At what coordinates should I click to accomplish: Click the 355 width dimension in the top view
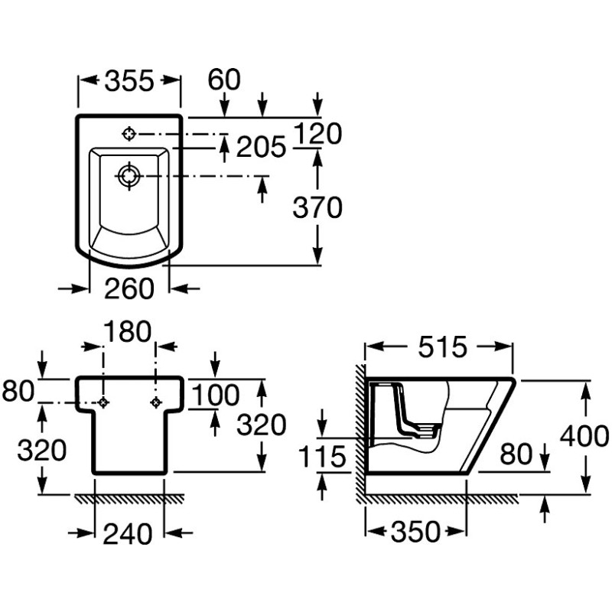[129, 80]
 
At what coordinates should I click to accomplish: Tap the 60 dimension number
[225, 79]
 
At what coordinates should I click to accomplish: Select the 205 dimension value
[260, 146]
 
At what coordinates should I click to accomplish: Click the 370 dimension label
[317, 207]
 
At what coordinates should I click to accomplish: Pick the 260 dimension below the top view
[129, 288]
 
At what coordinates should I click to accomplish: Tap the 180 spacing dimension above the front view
[128, 333]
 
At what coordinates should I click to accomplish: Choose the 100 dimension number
[215, 396]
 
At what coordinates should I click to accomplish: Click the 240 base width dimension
[129, 534]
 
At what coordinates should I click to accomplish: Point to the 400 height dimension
[585, 436]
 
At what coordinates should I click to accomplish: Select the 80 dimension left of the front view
[18, 392]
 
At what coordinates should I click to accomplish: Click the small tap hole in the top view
[129, 134]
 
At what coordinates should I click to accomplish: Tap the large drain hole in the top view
[129, 177]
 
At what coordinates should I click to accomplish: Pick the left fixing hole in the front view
[103, 402]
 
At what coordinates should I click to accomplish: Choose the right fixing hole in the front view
[156, 402]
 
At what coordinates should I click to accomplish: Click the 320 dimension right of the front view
[261, 425]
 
